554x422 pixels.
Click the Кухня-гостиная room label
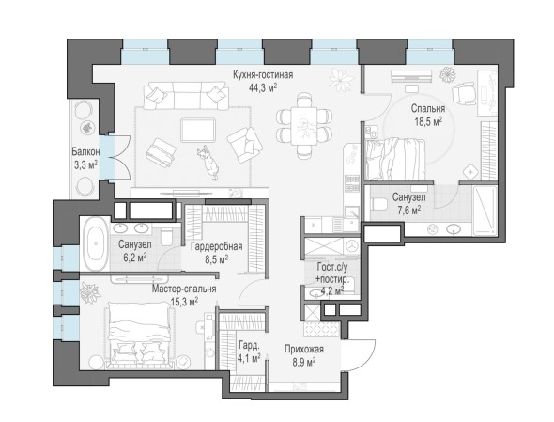(x=263, y=75)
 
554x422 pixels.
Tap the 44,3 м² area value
(x=263, y=87)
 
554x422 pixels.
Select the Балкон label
(x=85, y=152)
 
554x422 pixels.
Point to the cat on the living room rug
(x=208, y=162)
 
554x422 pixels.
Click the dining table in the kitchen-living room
(x=304, y=126)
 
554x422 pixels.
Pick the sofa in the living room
(x=186, y=96)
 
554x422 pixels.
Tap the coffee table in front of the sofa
(x=198, y=131)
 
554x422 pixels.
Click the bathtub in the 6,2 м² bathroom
(x=96, y=243)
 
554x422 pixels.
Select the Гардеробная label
(x=217, y=246)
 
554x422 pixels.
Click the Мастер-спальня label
(x=184, y=289)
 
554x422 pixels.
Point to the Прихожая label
(x=304, y=350)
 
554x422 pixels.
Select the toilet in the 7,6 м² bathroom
(x=379, y=205)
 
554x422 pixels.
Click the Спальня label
(x=428, y=109)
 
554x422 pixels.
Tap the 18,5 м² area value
(x=428, y=122)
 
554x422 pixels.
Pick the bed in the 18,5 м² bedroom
(x=395, y=159)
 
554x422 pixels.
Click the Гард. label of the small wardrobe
(x=249, y=345)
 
